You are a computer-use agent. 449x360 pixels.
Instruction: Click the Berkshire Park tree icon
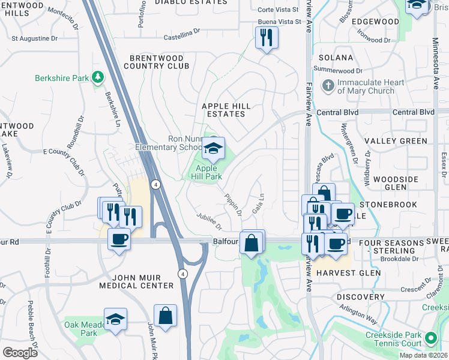click(x=97, y=77)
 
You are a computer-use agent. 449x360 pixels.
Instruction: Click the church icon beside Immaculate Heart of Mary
click(x=328, y=86)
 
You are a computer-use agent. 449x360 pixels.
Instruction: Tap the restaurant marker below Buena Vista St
click(x=265, y=38)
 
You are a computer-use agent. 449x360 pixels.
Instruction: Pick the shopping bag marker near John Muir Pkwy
click(x=165, y=316)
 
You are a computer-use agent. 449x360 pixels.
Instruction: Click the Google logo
click(x=20, y=352)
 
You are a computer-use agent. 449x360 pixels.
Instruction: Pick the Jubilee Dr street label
click(x=209, y=220)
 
